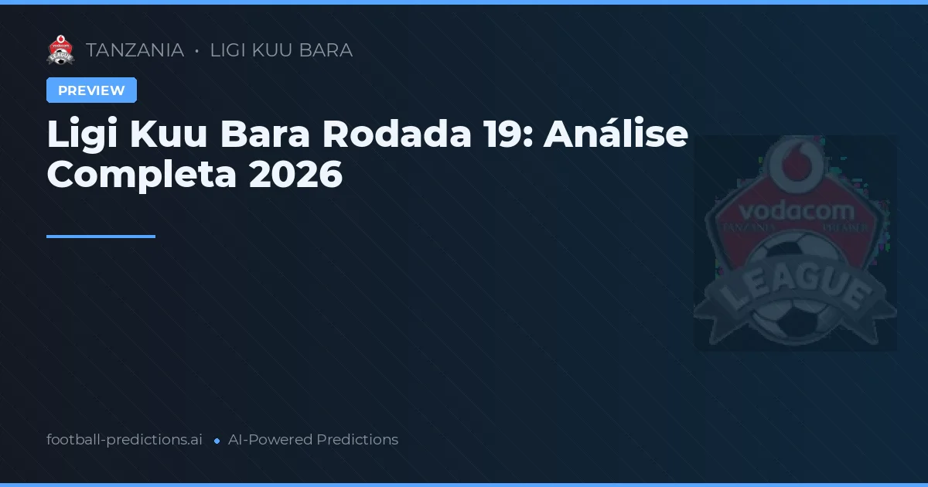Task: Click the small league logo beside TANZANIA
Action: [60, 50]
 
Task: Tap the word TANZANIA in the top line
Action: [135, 50]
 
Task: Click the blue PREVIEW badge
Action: [91, 90]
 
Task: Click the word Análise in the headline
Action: [616, 135]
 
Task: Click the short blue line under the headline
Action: [101, 237]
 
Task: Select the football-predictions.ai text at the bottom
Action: [125, 440]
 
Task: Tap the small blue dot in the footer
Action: [217, 441]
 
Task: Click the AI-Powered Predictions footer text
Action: [313, 440]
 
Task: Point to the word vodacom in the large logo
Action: [796, 210]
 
